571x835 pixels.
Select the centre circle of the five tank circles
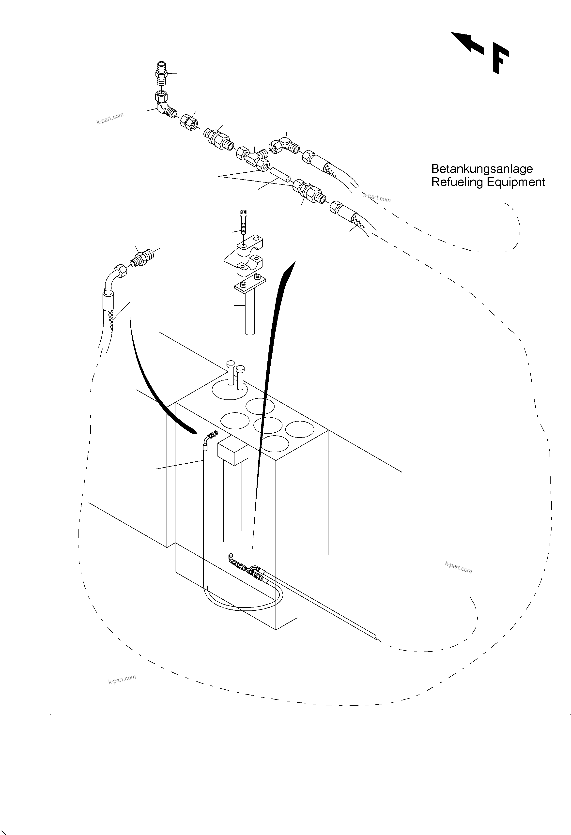(267, 425)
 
